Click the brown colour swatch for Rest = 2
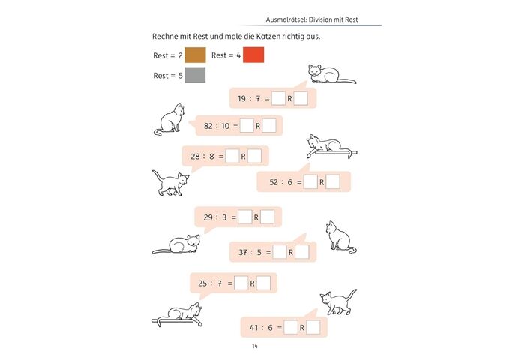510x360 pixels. pyautogui.click(x=195, y=55)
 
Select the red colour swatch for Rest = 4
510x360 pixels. pyautogui.click(x=253, y=55)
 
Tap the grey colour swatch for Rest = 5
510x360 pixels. pyautogui.click(x=195, y=75)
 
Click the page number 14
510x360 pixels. pyautogui.click(x=255, y=346)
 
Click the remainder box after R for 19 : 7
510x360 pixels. pyautogui.click(x=301, y=98)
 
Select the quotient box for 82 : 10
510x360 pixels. pyautogui.click(x=247, y=126)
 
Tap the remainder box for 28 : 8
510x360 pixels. pyautogui.click(x=254, y=156)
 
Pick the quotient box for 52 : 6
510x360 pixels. pyautogui.click(x=310, y=181)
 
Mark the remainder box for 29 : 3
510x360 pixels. pyautogui.click(x=267, y=217)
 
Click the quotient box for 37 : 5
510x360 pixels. pyautogui.click(x=279, y=253)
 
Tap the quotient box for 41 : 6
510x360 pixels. pyautogui.click(x=290, y=327)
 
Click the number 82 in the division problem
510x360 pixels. pyautogui.click(x=209, y=126)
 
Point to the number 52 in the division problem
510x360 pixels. pyautogui.click(x=274, y=181)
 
